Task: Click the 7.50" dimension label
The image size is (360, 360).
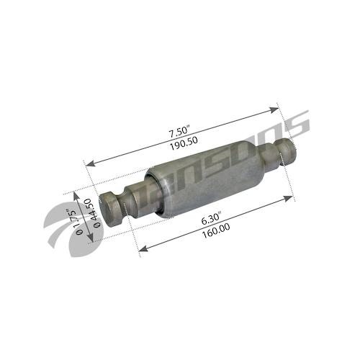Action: (179, 131)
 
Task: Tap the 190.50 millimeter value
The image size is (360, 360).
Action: (184, 143)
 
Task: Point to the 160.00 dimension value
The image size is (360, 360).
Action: (216, 230)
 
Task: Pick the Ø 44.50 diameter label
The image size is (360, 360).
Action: (94, 213)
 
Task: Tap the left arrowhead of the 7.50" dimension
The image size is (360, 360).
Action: (90, 163)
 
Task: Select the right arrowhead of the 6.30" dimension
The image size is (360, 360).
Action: (289, 198)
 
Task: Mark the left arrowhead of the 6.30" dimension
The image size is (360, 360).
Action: (144, 249)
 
